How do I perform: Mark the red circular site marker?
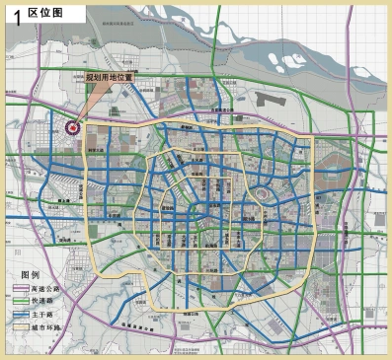coord(71,125)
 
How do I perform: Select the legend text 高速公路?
coord(48,289)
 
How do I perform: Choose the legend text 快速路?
coord(45,301)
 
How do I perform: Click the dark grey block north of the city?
coord(268,99)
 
